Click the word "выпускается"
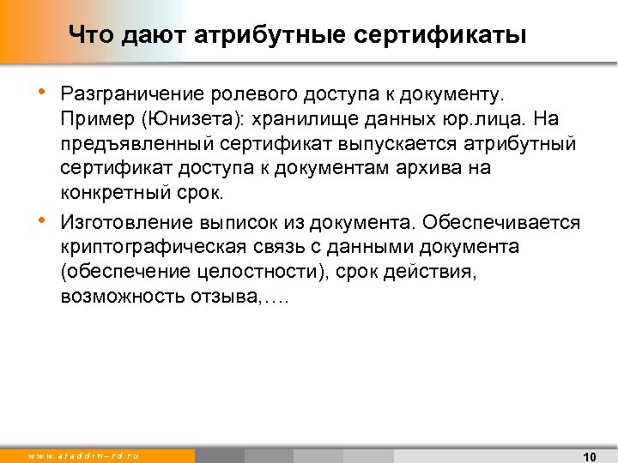pos(354,141)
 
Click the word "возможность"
pos(112,298)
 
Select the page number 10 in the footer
pos(589,456)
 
